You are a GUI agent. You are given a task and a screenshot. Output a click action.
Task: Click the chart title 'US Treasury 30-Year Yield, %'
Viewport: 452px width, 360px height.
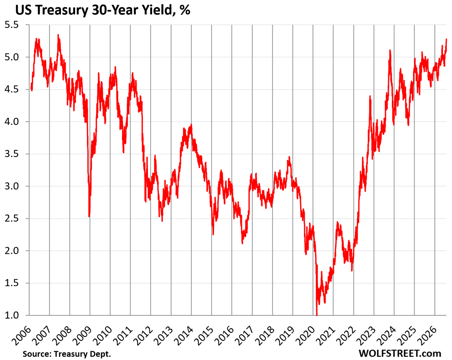click(x=103, y=10)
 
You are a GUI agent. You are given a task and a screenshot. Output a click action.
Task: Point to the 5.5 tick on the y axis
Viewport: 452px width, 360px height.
click(x=12, y=25)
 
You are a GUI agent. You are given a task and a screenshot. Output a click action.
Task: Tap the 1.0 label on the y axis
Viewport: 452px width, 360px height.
click(x=12, y=315)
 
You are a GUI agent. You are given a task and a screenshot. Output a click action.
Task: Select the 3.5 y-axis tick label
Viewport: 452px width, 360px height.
click(x=12, y=154)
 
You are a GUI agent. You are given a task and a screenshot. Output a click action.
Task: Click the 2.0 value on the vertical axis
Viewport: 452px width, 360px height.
click(x=12, y=251)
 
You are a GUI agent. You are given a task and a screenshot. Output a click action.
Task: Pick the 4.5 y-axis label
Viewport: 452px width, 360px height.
click(x=12, y=90)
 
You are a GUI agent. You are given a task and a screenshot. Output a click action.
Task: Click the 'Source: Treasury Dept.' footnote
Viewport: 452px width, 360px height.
click(x=67, y=354)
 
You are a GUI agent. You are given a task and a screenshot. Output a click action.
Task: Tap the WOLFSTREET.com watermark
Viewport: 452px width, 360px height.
click(x=400, y=353)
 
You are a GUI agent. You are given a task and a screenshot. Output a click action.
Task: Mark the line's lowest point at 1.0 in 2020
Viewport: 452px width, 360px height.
click(x=317, y=315)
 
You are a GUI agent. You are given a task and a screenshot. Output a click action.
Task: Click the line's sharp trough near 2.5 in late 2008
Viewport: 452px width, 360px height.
click(x=89, y=216)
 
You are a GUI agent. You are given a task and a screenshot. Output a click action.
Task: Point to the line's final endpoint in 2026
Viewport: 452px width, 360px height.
click(x=446, y=39)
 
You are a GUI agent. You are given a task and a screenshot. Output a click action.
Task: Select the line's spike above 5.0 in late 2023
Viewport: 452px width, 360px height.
click(x=390, y=51)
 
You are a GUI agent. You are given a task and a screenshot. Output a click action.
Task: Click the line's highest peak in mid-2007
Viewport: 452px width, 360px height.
click(x=58, y=35)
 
